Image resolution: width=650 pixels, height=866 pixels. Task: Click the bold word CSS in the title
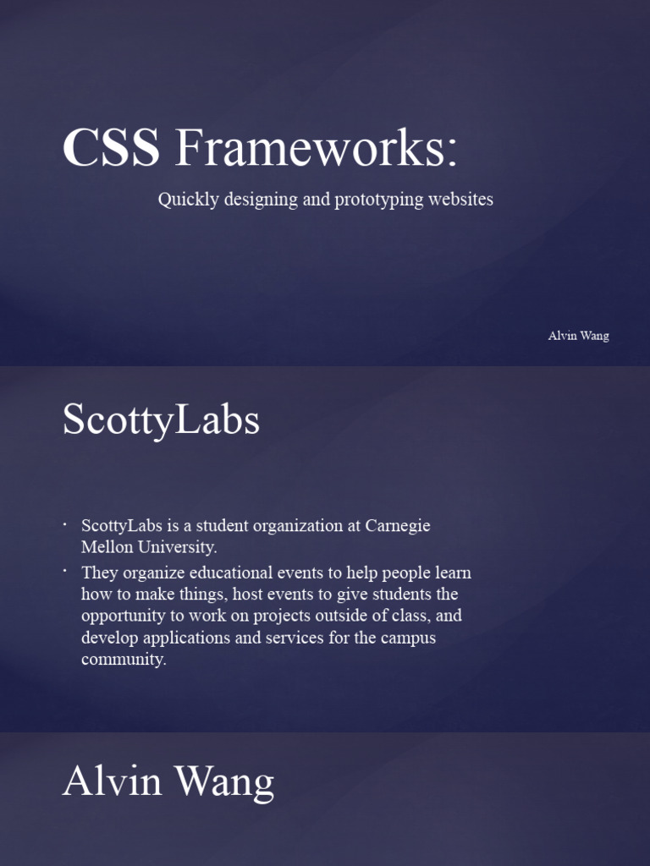point(110,148)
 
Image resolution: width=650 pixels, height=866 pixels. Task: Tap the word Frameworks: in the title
point(316,148)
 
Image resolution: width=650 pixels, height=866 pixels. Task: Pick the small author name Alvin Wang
point(578,336)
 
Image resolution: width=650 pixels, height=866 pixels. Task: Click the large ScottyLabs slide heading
point(161,420)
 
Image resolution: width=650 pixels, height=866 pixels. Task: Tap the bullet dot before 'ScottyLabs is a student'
point(65,525)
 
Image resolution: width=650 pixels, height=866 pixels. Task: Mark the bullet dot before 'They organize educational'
point(65,572)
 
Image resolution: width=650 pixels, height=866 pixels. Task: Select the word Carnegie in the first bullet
point(398,526)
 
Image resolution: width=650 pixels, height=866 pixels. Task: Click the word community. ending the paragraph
point(124,660)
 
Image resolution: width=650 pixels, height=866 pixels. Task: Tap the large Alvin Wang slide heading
point(168,782)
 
